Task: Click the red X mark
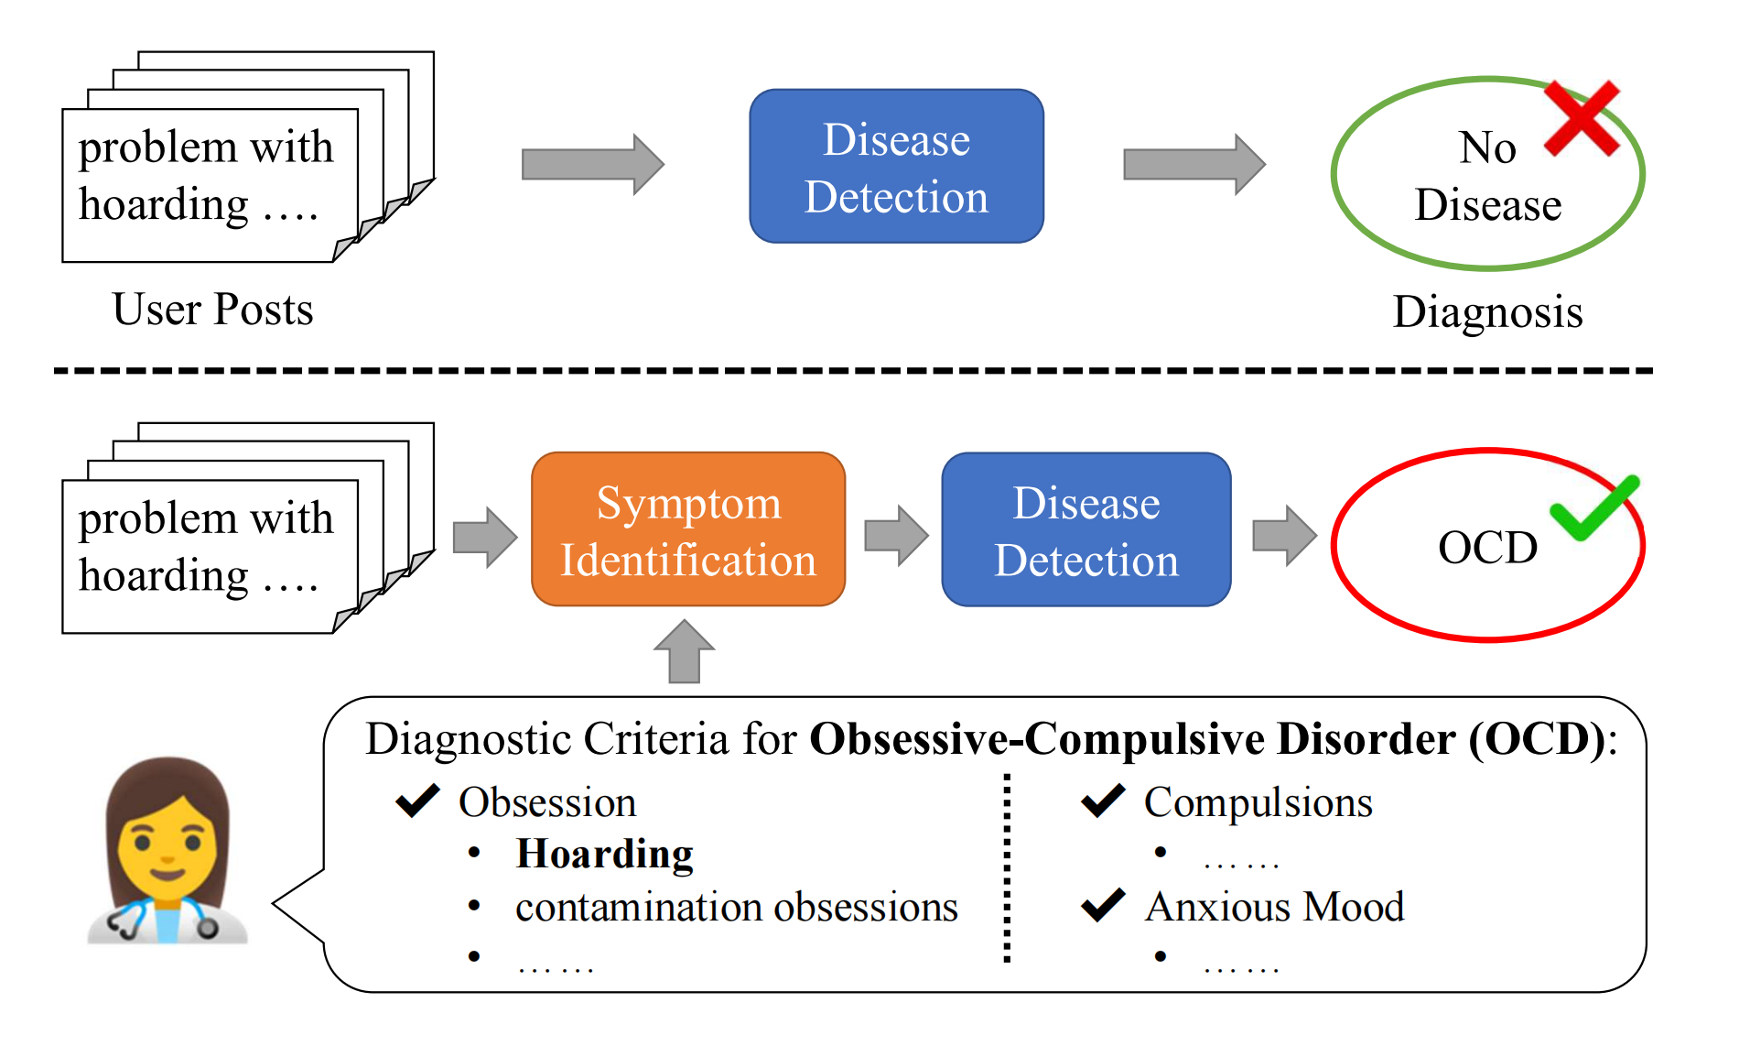click(1582, 119)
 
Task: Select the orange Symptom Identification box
click(688, 530)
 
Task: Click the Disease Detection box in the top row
click(896, 167)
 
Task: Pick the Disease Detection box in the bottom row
click(1086, 530)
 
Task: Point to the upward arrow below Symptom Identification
click(684, 651)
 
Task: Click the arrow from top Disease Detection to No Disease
click(1194, 165)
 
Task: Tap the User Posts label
click(212, 310)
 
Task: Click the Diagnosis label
click(1487, 312)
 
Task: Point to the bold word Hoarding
click(604, 854)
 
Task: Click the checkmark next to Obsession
click(417, 801)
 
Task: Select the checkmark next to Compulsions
click(1103, 801)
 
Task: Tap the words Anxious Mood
click(1274, 907)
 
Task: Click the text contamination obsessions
click(736, 907)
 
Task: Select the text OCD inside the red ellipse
click(1487, 548)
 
